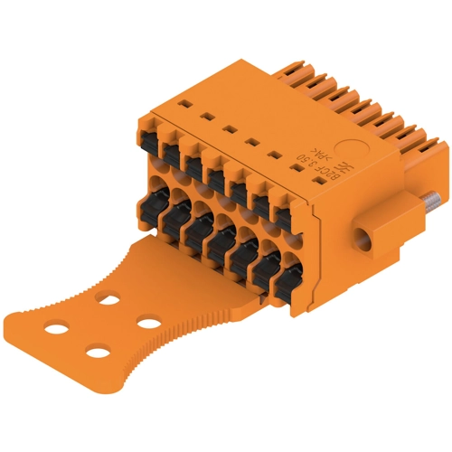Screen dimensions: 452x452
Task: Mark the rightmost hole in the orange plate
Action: (x=145, y=321)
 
